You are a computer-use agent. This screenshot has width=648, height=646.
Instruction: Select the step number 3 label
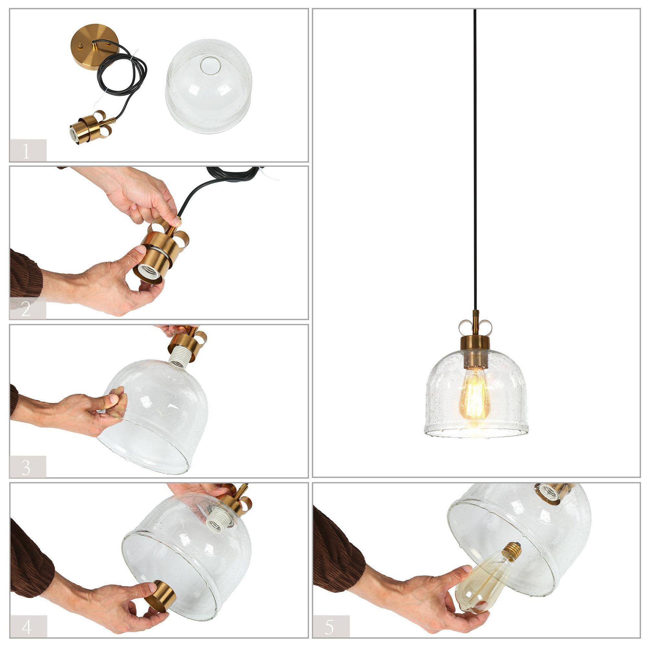pos(26,467)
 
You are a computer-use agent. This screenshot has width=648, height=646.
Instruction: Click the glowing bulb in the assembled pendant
pos(474,399)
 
